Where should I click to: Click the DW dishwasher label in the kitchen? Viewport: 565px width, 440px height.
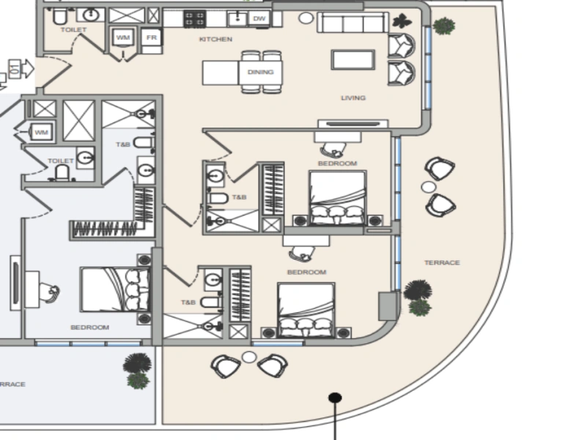[x=258, y=18]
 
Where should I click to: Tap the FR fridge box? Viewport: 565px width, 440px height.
[x=151, y=37]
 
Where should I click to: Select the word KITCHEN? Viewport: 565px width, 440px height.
[x=215, y=40]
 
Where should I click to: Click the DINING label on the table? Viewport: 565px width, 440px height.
[x=260, y=72]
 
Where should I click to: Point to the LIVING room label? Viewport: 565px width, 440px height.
[x=352, y=98]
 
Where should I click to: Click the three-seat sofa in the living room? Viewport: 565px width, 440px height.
[x=352, y=23]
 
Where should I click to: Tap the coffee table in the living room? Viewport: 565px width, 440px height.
[x=352, y=59]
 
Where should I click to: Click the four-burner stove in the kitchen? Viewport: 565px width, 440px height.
[x=194, y=19]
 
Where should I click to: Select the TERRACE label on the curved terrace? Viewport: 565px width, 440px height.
[x=442, y=263]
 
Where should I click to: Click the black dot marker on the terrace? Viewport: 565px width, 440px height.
[x=335, y=398]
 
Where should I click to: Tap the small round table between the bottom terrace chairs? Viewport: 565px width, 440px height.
[x=249, y=357]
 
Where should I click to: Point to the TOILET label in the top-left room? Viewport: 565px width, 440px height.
[x=74, y=30]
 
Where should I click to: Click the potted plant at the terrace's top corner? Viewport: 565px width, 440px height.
[x=443, y=26]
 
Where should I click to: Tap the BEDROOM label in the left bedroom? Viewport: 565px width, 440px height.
[x=89, y=327]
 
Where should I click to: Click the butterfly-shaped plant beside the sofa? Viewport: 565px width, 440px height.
[x=401, y=21]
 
